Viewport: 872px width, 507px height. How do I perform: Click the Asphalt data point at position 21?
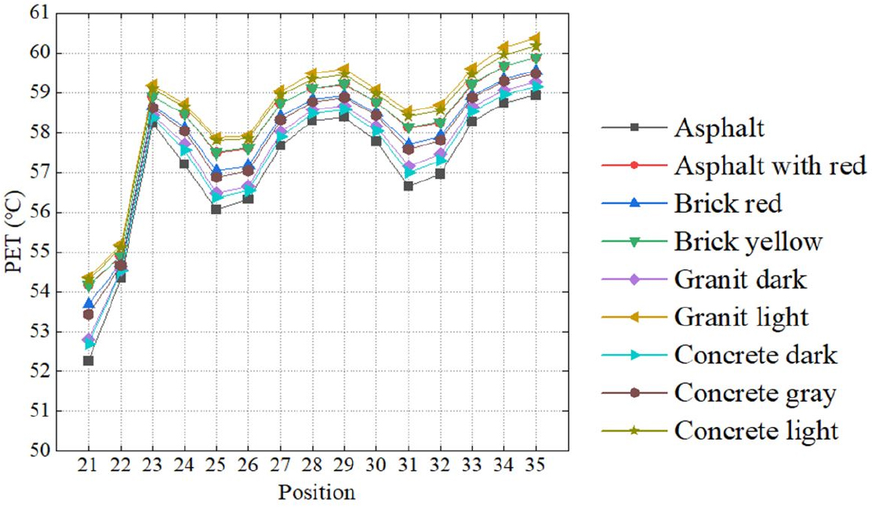[x=89, y=360]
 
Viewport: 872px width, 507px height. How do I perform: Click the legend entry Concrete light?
[x=756, y=430]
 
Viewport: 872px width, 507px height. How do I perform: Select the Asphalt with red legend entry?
[x=769, y=165]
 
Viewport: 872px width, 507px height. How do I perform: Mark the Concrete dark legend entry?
[x=755, y=354]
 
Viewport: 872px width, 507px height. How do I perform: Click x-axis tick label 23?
[x=152, y=465]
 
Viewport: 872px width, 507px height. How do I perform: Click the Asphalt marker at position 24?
[x=184, y=163]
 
